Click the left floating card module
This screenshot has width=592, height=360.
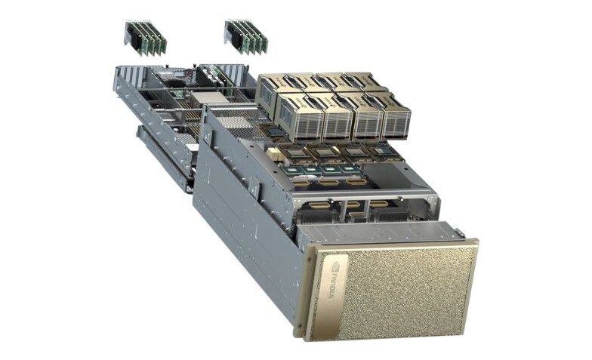[x=145, y=38]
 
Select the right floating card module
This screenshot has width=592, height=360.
[x=246, y=37]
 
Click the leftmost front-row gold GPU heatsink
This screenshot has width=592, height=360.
[x=301, y=117]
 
